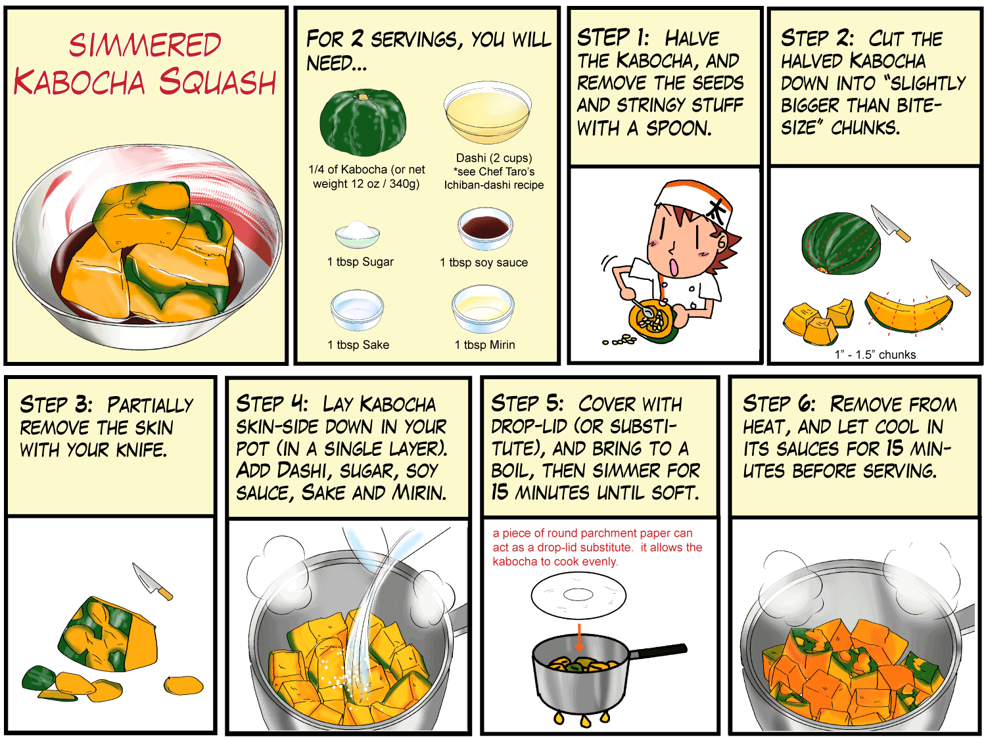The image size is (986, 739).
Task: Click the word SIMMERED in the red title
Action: coord(145,45)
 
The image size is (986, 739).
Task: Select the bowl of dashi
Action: coord(487,112)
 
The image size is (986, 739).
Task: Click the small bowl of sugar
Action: coord(358,235)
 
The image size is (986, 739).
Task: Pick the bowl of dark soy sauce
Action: coord(485,229)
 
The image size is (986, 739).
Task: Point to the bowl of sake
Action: coord(357,310)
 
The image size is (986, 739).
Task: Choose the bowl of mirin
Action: coord(483,309)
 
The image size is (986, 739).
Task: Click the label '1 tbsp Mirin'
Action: coord(484,345)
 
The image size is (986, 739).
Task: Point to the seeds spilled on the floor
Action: coord(620,340)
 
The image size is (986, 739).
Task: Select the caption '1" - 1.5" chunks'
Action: coord(875,355)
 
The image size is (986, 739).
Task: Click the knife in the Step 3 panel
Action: coord(153,581)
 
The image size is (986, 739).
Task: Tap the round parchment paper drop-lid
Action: coord(578,595)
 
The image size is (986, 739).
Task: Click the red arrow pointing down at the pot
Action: coord(580,637)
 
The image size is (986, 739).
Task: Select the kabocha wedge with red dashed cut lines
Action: coord(908,312)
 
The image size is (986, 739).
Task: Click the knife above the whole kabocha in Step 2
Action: coord(890,223)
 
